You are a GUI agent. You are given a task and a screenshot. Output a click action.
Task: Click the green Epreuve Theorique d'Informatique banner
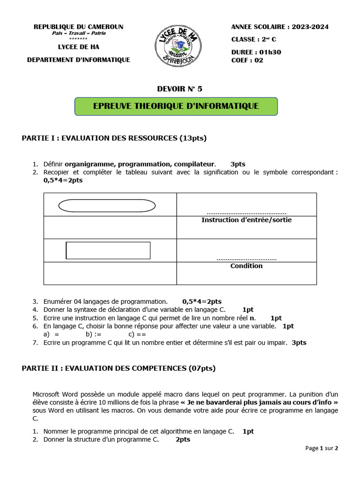[x=176, y=106]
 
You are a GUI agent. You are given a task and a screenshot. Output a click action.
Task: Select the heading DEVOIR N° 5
[x=180, y=88]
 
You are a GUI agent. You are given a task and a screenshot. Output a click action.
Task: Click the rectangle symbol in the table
[x=108, y=250]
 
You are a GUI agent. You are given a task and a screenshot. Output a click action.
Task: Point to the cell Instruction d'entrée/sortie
[x=246, y=220]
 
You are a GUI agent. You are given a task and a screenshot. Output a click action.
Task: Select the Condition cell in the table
[x=246, y=266]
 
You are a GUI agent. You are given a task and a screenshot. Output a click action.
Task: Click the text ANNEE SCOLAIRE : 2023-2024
[x=280, y=27]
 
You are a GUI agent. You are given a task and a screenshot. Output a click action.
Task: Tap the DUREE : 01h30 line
[x=256, y=52]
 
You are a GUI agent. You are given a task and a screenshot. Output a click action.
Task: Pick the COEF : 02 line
[x=247, y=60]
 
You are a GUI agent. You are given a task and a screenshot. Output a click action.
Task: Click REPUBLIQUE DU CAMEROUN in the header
[x=78, y=27]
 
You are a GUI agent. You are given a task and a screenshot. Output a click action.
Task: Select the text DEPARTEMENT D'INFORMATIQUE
[x=78, y=60]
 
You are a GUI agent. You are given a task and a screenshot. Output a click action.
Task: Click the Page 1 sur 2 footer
[x=322, y=448]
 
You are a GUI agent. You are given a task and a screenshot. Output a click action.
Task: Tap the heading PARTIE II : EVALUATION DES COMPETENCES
[x=119, y=368]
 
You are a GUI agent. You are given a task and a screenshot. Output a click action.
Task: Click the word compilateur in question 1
[x=194, y=164]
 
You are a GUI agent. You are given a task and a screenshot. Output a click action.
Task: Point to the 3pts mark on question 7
[x=299, y=343]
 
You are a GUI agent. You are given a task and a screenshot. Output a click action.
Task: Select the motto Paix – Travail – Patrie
[x=78, y=33]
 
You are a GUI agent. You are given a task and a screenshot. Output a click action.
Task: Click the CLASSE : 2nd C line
[x=254, y=39]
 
